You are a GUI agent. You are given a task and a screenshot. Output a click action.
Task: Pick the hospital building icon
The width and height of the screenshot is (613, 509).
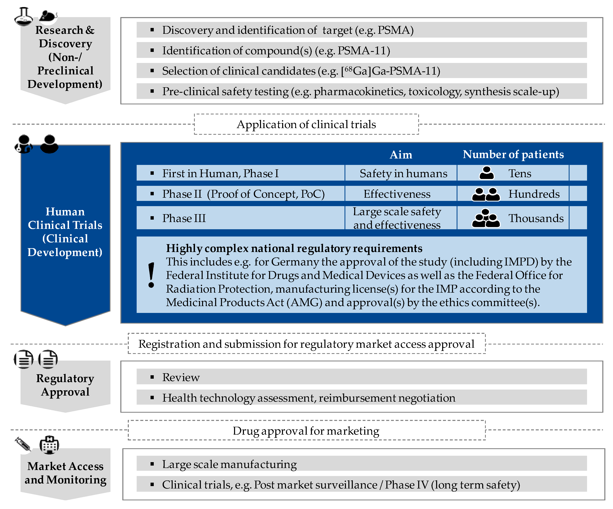(49, 445)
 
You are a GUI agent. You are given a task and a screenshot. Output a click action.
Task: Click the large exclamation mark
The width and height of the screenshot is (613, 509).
(151, 275)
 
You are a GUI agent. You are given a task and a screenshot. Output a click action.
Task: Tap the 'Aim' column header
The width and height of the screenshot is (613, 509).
(401, 155)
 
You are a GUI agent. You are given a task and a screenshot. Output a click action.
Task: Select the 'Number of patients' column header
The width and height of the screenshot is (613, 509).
(513, 154)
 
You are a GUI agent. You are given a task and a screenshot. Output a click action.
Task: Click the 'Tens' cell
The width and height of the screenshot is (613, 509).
(520, 173)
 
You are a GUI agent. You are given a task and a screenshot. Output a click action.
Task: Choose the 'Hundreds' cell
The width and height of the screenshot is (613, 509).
(534, 194)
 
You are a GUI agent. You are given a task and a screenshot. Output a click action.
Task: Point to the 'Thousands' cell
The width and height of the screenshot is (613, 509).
(536, 218)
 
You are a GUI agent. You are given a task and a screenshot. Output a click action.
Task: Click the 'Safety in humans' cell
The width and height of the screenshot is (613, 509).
(403, 174)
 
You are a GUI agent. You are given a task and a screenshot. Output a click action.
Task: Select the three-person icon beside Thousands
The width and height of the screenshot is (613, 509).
(486, 218)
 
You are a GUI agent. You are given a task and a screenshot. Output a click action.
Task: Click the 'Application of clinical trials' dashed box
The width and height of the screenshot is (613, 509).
(306, 124)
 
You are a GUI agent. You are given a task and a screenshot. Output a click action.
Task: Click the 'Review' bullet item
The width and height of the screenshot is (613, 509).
(181, 377)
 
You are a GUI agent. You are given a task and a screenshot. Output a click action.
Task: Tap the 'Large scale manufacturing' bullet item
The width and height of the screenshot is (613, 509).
(229, 464)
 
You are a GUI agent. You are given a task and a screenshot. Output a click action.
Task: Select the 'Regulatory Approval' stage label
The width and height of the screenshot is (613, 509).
(65, 385)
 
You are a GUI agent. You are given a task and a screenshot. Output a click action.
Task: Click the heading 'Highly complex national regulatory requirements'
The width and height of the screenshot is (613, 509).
(294, 248)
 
